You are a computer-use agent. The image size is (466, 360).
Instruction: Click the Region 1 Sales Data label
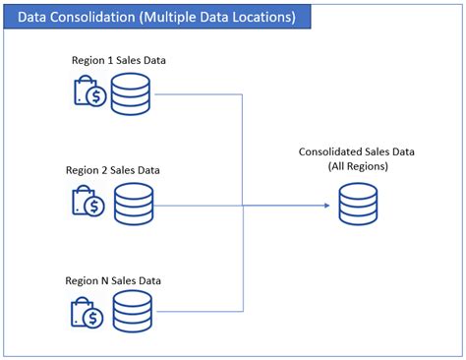[119, 60]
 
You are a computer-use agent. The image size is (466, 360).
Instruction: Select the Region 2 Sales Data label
[113, 170]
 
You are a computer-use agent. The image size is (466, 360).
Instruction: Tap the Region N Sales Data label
[113, 280]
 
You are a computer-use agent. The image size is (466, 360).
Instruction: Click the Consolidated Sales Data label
[356, 151]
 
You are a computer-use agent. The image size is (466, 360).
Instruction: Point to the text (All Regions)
[356, 166]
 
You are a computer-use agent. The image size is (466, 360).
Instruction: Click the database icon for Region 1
[130, 94]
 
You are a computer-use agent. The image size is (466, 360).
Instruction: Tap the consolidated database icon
[357, 206]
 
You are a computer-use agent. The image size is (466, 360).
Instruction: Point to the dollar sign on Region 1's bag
[95, 96]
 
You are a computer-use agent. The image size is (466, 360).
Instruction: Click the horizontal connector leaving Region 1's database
[197, 95]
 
